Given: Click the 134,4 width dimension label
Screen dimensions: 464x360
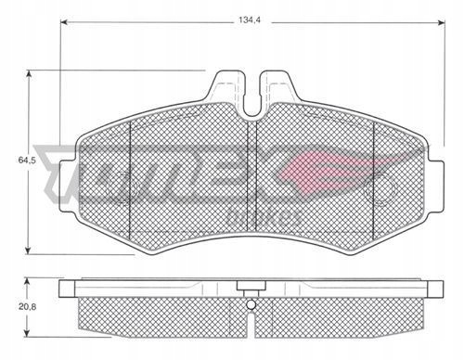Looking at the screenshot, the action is coord(250,20).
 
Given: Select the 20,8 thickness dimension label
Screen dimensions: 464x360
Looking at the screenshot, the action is coord(27,307).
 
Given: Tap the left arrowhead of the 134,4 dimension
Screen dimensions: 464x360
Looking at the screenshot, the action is coord(64,22).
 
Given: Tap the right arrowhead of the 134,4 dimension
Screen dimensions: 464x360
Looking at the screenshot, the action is coord(441,22).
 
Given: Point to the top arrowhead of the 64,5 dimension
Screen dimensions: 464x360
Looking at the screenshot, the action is coord(29,74).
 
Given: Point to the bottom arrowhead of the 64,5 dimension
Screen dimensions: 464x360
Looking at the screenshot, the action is coord(29,251).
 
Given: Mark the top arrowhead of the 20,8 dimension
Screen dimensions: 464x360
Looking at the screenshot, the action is coord(28,282).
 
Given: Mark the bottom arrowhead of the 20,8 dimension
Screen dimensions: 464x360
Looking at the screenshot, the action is coord(28,333).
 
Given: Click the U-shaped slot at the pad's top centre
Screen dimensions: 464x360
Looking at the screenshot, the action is coord(252,96).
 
